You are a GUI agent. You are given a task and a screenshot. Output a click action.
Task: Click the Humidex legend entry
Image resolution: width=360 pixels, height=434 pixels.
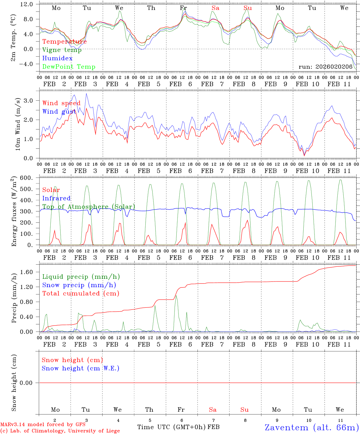coord(57,58)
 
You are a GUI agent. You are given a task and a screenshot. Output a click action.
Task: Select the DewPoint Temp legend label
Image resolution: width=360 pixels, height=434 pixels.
coord(69,67)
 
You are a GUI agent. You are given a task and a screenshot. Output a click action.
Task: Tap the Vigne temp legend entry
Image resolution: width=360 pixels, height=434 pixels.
coord(62,50)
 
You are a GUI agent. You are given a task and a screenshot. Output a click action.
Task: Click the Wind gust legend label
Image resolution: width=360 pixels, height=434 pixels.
coord(59,112)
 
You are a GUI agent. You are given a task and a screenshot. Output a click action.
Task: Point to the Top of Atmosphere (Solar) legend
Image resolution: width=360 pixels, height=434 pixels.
coord(89,207)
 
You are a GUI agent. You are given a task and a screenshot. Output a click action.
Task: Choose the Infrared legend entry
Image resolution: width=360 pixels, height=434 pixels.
coord(56,198)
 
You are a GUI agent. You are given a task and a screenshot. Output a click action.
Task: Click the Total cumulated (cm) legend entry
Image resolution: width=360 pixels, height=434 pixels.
coord(81,293)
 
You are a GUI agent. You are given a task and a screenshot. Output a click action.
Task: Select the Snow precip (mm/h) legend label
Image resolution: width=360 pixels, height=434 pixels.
coord(79,285)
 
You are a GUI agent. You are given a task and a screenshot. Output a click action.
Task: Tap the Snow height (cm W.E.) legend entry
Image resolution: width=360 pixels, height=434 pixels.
coord(81,368)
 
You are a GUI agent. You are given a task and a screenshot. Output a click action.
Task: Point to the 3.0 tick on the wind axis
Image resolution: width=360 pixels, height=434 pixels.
coord(31,100)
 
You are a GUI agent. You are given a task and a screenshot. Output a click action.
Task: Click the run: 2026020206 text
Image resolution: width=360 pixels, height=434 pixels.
coord(325,67)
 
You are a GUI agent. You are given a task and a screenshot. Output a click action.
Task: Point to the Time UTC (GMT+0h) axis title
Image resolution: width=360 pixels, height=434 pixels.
coord(171,427)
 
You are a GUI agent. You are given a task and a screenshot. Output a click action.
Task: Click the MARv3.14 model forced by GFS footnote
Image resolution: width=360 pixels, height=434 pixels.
coord(43,425)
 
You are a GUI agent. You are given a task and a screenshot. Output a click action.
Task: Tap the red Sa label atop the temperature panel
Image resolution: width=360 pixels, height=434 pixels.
coord(215,8)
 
